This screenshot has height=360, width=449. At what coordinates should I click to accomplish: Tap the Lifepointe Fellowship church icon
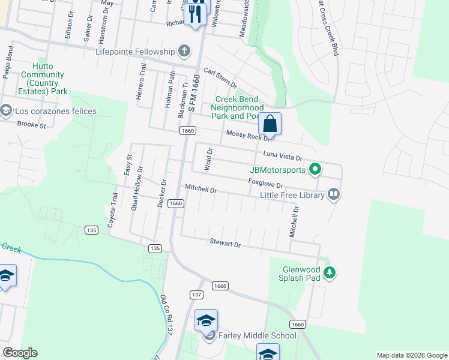184,51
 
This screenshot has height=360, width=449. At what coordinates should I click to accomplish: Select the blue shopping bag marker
270,124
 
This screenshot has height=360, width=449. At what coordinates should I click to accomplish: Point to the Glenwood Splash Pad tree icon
329,274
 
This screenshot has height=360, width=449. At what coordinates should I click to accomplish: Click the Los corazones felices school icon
5,111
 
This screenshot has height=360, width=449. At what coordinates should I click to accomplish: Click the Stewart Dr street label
224,244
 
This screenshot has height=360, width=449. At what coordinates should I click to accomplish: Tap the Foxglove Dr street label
265,182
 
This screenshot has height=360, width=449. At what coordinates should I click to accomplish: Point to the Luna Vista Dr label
282,156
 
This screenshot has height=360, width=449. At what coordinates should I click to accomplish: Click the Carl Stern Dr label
220,77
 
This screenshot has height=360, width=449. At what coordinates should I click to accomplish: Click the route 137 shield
196,295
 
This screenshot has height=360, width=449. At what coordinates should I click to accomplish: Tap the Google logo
20,353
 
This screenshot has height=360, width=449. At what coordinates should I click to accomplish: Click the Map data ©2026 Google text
411,355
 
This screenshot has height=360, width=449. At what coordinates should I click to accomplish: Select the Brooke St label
32,125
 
